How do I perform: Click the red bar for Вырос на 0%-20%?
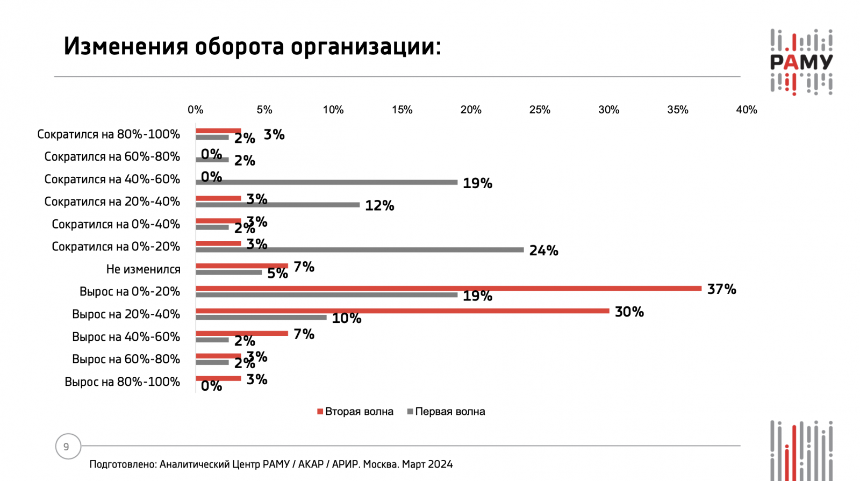click(448, 289)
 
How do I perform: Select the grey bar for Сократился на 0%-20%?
click(360, 250)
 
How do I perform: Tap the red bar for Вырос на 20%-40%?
click(402, 311)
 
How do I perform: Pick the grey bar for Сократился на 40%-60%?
click(326, 183)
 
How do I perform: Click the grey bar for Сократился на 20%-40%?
click(277, 205)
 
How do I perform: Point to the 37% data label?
click(721, 289)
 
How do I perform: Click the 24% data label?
click(543, 250)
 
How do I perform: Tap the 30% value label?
click(629, 312)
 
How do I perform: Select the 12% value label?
click(379, 205)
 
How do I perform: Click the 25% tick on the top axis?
click(540, 110)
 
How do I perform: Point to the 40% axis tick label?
click(746, 110)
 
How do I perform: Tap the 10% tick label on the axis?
click(333, 110)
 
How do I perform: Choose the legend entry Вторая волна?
click(355, 412)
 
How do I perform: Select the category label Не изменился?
click(143, 269)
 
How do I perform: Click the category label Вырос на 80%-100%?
click(122, 382)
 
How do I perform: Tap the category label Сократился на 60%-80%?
click(112, 157)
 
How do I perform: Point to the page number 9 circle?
click(68, 447)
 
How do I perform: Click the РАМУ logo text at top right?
click(801, 62)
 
